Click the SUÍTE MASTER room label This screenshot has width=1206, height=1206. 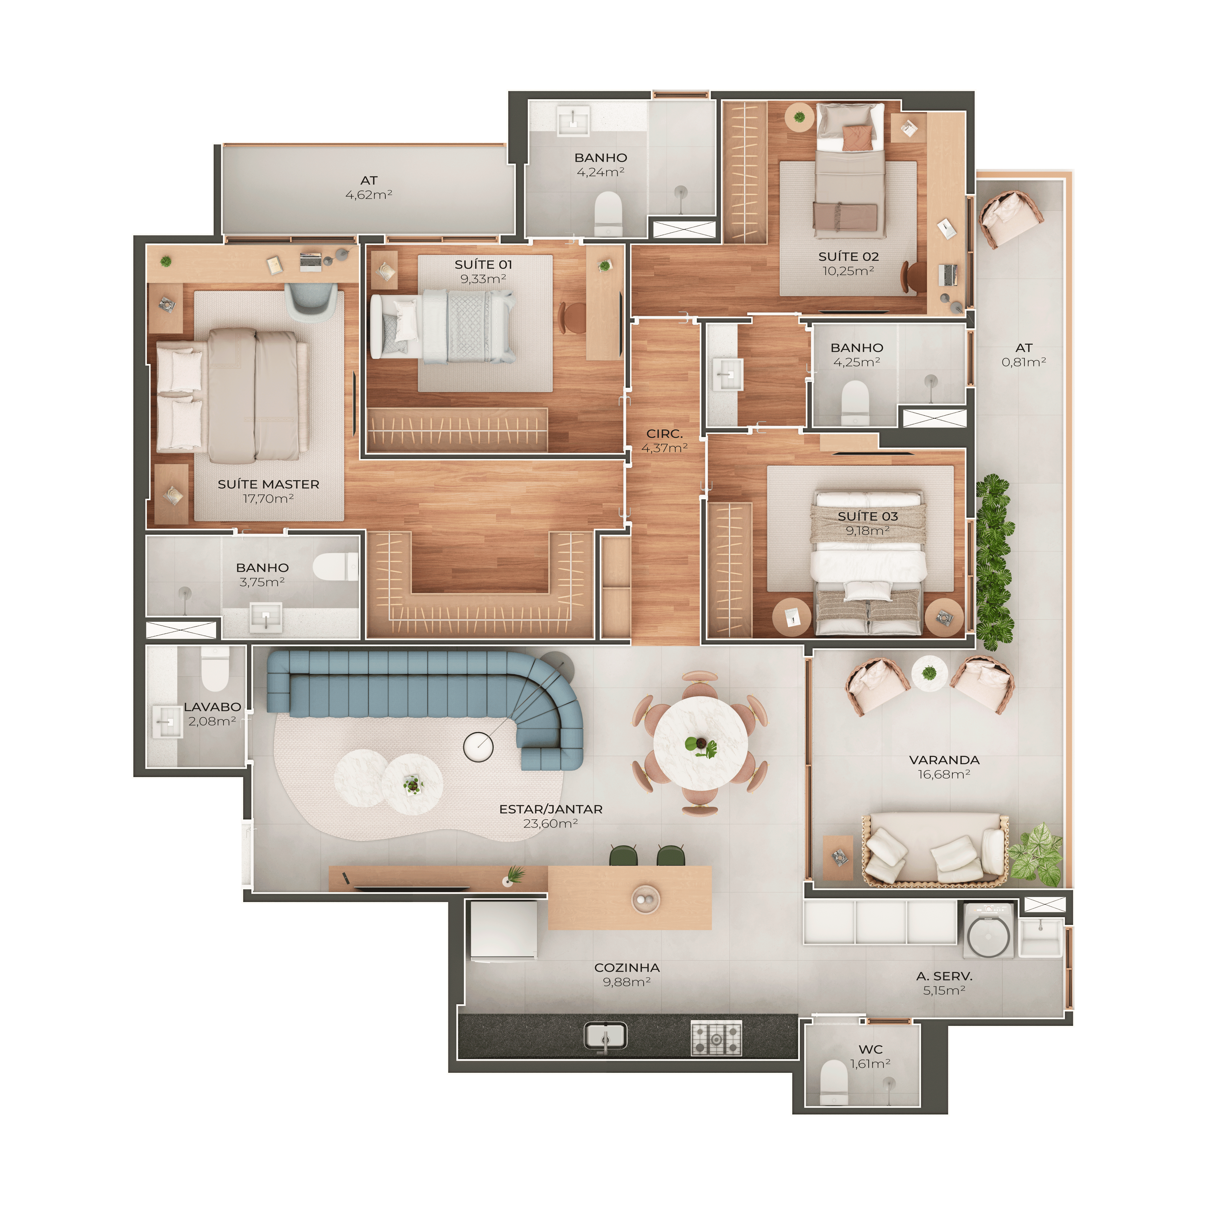click(x=268, y=484)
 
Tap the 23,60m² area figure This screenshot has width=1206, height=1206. click(x=551, y=823)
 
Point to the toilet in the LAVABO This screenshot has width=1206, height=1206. click(x=215, y=668)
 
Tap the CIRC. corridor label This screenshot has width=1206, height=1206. click(x=664, y=433)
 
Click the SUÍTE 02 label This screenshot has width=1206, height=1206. click(x=848, y=257)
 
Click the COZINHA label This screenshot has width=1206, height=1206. click(x=627, y=967)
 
